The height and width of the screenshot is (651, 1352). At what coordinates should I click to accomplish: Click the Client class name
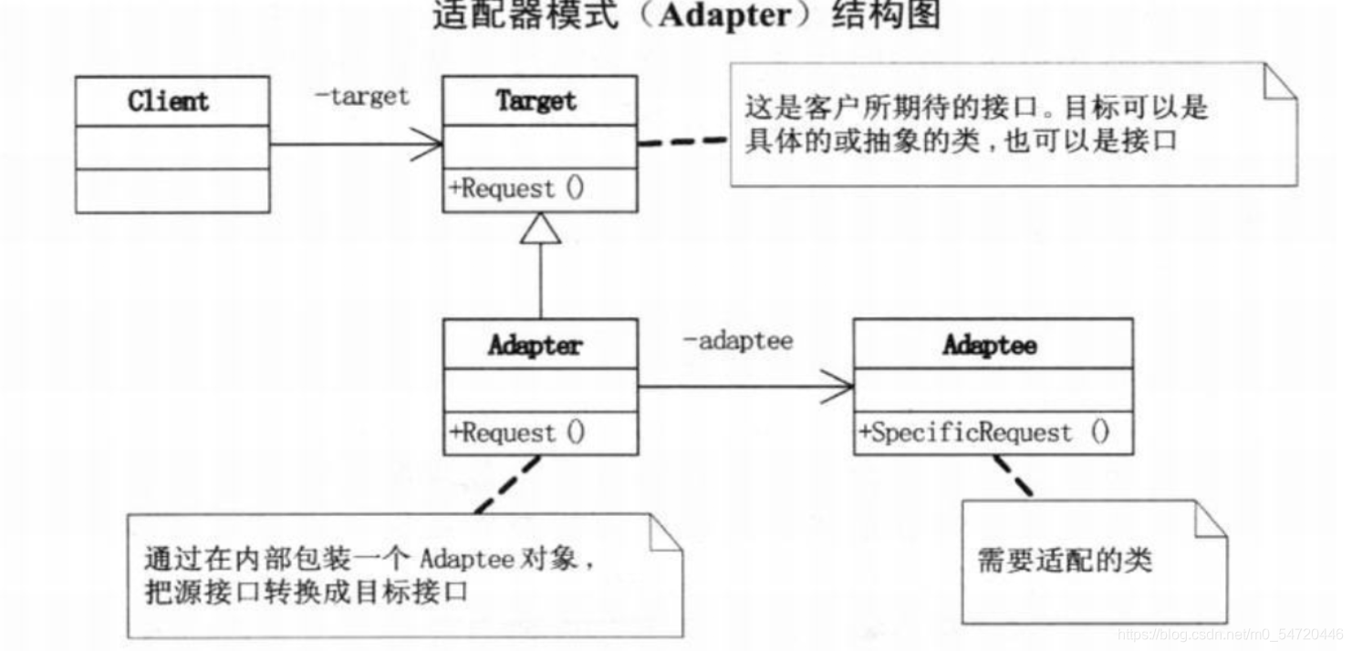point(168,100)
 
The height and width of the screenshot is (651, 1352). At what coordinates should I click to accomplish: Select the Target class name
point(536,100)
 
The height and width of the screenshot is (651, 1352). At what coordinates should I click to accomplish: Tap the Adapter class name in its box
point(535,345)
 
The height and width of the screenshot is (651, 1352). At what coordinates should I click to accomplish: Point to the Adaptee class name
point(990,345)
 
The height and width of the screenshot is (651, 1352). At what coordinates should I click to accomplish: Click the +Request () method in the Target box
point(516,190)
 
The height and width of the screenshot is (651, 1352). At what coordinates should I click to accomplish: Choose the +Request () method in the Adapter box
point(516,432)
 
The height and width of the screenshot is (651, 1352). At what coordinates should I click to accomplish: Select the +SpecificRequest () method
point(983,432)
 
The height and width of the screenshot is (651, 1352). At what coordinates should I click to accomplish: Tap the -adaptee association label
point(738,341)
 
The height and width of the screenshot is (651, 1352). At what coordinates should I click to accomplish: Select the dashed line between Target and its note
point(682,142)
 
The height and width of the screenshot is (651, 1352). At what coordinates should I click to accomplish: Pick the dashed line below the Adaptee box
point(1013,476)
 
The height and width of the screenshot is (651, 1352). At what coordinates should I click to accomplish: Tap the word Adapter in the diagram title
point(725,16)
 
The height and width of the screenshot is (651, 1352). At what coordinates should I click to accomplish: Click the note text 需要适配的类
point(1065,558)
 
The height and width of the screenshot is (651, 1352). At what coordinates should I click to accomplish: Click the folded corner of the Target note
point(1281,80)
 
